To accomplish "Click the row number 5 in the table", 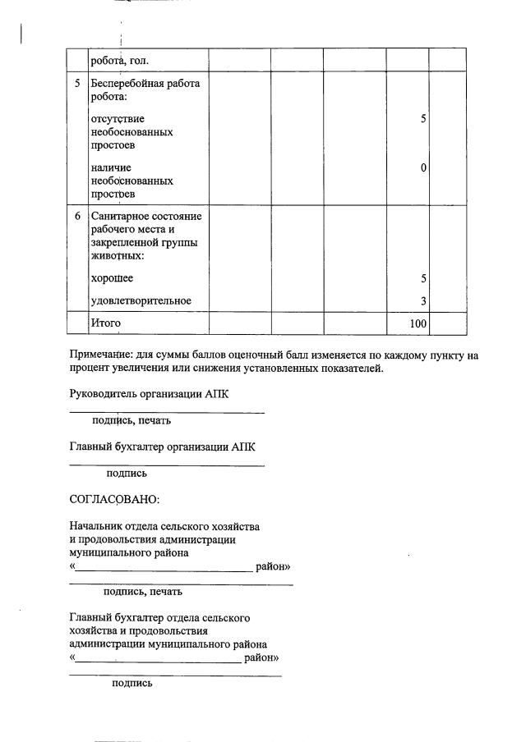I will (77, 84).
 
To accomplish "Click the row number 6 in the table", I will (77, 216).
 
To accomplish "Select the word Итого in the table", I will (105, 323).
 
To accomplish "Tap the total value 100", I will (418, 324).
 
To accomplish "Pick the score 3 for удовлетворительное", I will (423, 301).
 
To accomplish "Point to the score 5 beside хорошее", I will (423, 279).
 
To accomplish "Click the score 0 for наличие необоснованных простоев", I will (423, 168).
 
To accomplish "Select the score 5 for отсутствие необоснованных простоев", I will (423, 119).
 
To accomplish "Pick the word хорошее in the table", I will (112, 279).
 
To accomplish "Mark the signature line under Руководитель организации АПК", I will (167, 411).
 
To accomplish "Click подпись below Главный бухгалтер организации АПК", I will (127, 474).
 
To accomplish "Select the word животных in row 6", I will (115, 256).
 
